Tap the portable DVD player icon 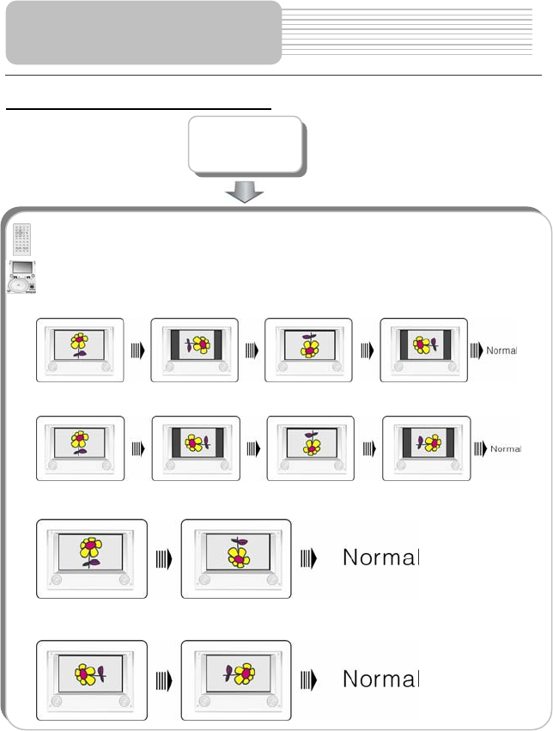[x=21, y=277]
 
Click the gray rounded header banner [x=143, y=33]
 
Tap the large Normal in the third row [x=380, y=557]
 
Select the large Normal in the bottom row [x=380, y=679]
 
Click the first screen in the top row [x=80, y=349]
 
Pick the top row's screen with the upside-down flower [x=308, y=349]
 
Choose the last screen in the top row [x=423, y=349]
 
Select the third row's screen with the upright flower [x=92, y=558]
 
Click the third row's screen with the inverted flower [x=236, y=558]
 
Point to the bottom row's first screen [x=92, y=679]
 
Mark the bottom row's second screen [x=236, y=679]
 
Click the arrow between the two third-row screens [x=164, y=558]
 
